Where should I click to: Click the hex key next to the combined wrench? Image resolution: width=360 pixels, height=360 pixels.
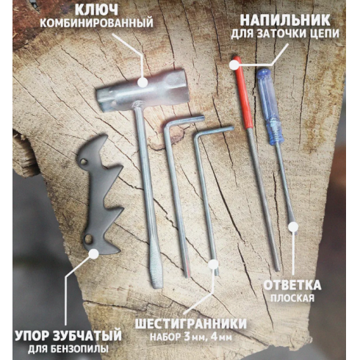pos(176,191)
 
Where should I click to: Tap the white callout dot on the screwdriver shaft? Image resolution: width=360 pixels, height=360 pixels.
pos(292,227)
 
